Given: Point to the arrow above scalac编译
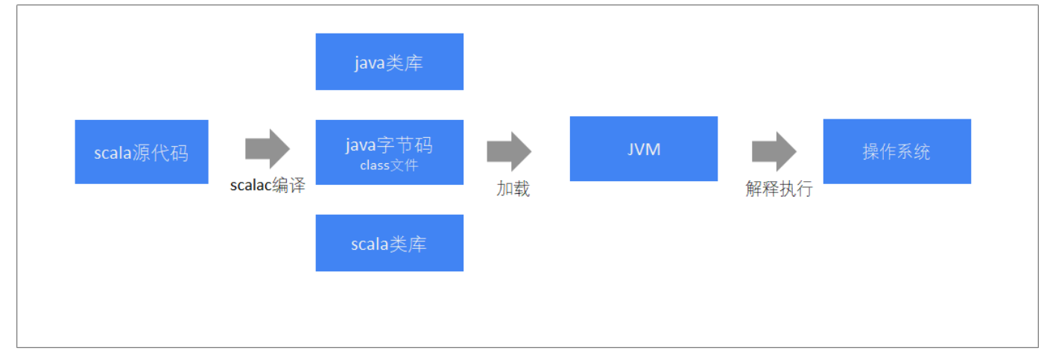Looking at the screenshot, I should click(268, 148).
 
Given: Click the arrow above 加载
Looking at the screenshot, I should click(509, 151).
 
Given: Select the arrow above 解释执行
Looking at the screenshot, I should click(774, 151).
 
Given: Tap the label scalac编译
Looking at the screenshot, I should click(268, 186).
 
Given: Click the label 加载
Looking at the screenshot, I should click(513, 189).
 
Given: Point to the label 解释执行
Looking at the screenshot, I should click(779, 189).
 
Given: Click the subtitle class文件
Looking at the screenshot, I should click(389, 165).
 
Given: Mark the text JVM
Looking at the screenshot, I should click(644, 149).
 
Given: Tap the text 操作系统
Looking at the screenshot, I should click(896, 152).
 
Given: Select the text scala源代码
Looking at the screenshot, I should click(141, 154).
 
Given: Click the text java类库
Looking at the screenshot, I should click(389, 63).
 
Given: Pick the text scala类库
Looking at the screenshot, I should click(389, 244).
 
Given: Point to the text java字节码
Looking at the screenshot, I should click(389, 145).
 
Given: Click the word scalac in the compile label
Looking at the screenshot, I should click(250, 186).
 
